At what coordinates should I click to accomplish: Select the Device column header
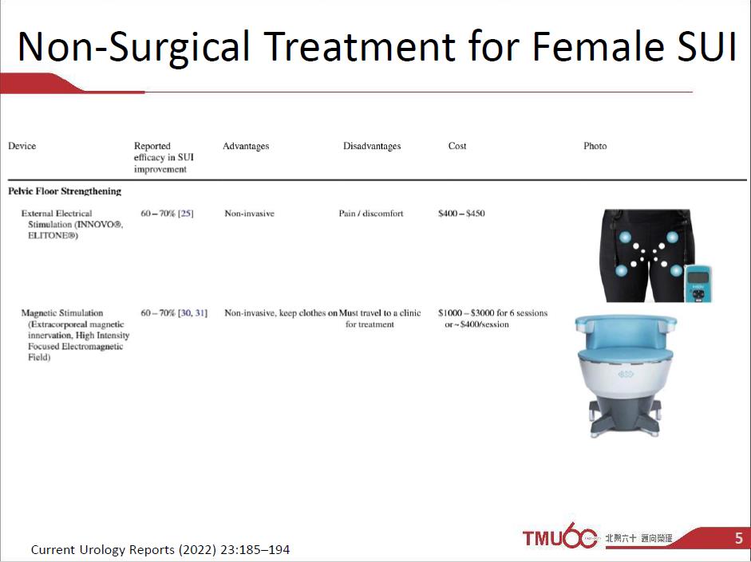coord(22,146)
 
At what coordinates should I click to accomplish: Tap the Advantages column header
coord(246,146)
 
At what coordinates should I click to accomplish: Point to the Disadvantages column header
coord(372,146)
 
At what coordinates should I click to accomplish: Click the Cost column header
coord(457,146)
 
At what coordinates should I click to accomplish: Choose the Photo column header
coord(595,146)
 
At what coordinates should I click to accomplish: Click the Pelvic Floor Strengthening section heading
coord(65,191)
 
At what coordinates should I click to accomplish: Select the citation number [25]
coord(186,214)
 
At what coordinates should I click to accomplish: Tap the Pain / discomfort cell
coord(370,214)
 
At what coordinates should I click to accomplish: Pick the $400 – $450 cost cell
coord(461,214)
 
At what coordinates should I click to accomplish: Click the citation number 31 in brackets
coord(201,312)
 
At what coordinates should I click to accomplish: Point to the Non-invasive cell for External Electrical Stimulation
coord(250,214)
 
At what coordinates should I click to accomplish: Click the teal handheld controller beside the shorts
coord(698,283)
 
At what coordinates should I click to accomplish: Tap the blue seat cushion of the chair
coord(625,355)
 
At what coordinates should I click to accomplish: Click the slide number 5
coord(739,538)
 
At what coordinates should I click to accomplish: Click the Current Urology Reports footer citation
coord(160,549)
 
